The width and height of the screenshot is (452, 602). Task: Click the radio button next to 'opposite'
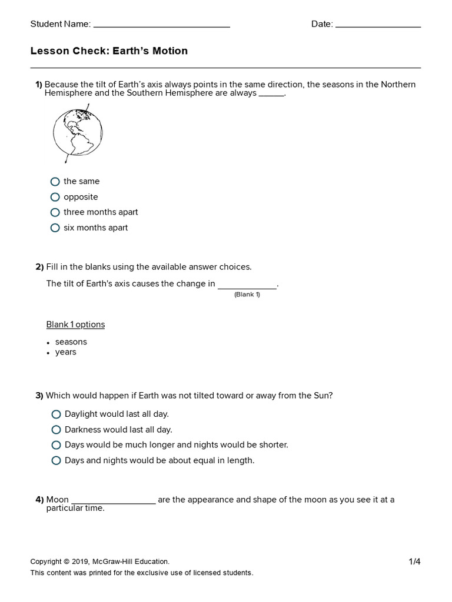pos(55,197)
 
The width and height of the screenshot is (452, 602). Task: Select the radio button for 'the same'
pos(55,182)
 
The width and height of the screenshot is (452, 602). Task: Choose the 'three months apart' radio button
pos(55,212)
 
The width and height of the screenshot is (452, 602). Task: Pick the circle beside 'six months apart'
pos(55,228)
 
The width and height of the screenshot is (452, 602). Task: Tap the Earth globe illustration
pos(77,134)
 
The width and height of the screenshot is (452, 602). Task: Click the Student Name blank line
pos(161,25)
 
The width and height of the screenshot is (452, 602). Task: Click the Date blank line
pos(378,25)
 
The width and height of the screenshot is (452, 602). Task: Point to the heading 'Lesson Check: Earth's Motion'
pos(109,51)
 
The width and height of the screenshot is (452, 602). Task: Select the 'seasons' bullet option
pos(71,342)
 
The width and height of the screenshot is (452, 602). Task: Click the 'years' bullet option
pos(66,352)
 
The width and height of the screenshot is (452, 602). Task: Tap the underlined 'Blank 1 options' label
pos(75,325)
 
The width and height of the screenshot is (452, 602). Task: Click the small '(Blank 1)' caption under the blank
pos(247,295)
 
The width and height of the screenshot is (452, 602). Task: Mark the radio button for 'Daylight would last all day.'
pos(56,414)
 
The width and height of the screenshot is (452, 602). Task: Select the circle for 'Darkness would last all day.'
pos(56,430)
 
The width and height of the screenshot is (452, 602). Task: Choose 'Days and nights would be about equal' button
pos(56,460)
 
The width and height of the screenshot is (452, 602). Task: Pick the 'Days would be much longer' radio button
pos(56,445)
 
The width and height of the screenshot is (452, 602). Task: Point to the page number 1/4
pos(414,561)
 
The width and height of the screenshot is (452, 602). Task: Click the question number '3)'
pos(39,396)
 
